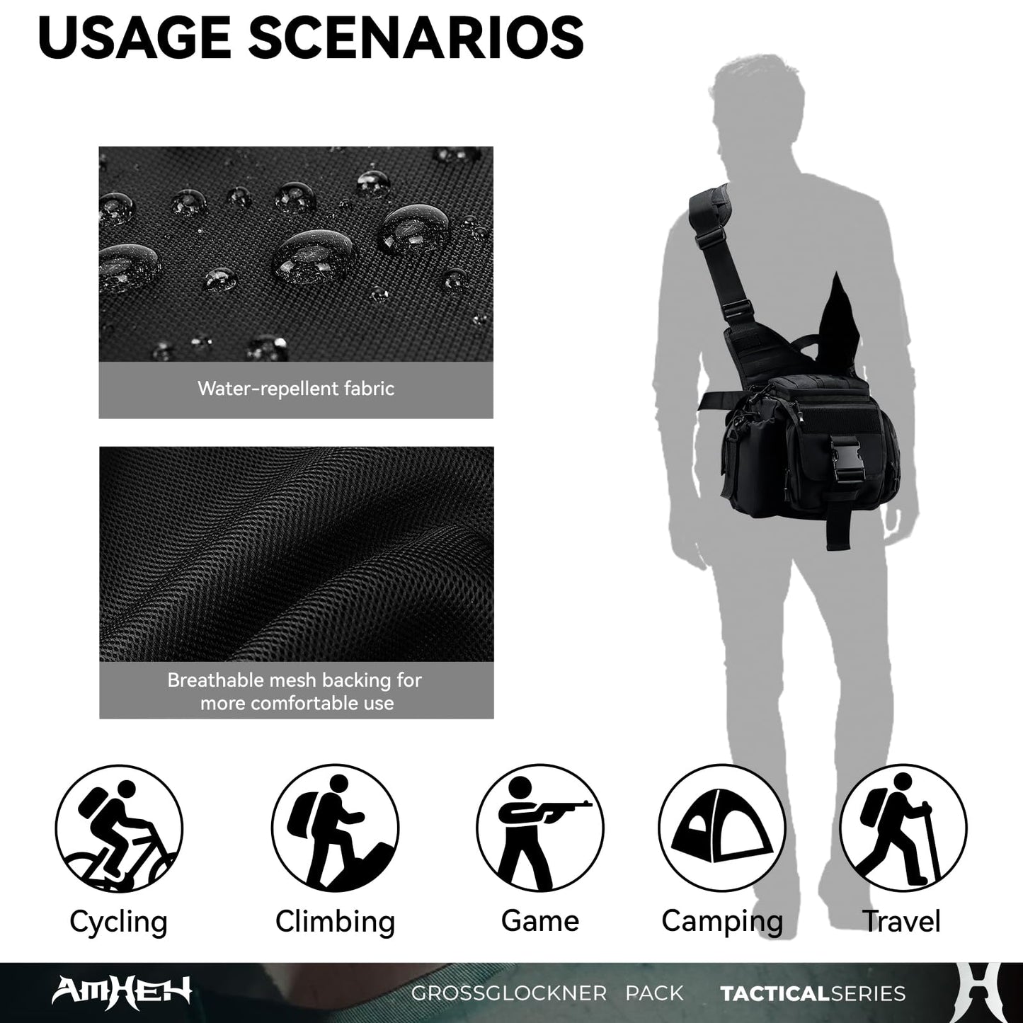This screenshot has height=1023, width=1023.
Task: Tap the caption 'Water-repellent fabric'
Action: [x=296, y=389]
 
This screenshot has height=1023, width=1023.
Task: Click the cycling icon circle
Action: [x=119, y=828]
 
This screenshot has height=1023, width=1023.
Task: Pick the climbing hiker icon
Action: [x=335, y=828]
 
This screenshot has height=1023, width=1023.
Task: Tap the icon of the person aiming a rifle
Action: [x=540, y=828]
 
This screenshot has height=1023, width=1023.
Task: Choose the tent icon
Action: [x=722, y=828]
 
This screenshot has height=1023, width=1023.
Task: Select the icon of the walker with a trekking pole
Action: [x=903, y=828]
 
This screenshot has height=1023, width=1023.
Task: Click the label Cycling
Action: [x=119, y=922]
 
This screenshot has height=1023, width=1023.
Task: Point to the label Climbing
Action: [x=335, y=922]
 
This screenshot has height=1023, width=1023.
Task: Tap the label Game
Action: [x=540, y=921]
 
